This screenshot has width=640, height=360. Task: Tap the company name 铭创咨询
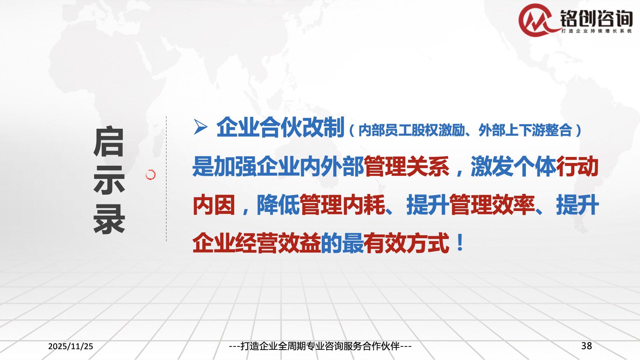[596, 18]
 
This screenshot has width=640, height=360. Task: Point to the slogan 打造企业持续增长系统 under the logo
[596, 31]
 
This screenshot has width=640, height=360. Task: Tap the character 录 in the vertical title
[109, 218]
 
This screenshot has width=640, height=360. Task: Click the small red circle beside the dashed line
[150, 175]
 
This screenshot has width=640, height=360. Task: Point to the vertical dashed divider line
[166, 179]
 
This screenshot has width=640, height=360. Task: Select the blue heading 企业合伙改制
[280, 127]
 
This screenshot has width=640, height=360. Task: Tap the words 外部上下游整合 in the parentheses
[525, 130]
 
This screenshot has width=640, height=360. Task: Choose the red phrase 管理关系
[407, 166]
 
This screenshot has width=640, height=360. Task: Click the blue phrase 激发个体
[513, 166]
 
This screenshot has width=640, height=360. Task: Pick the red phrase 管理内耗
[342, 205]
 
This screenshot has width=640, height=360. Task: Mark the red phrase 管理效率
[492, 205]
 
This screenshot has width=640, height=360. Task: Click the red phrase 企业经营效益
[256, 243]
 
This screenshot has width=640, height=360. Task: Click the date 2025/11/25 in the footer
[71, 346]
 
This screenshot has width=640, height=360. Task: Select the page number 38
[587, 346]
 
